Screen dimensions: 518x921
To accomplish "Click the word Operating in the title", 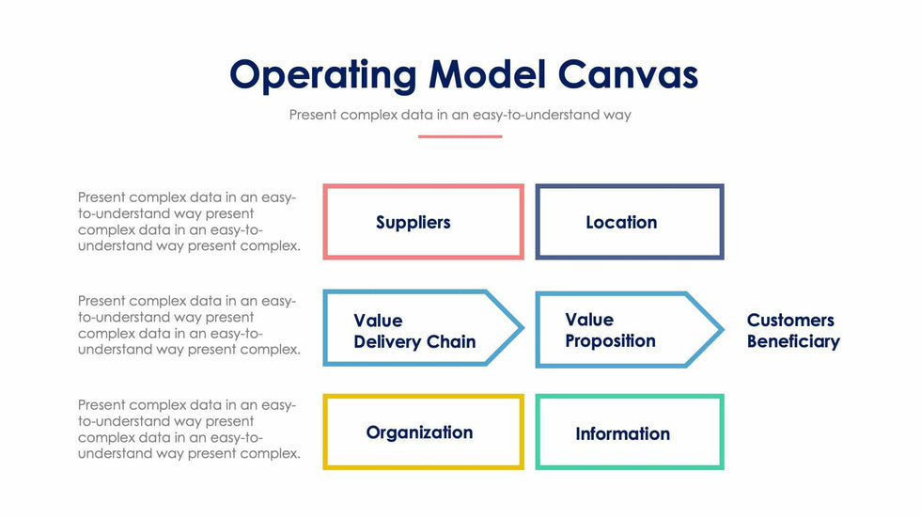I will coord(323,75).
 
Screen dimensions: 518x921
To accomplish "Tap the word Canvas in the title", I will coord(627,75).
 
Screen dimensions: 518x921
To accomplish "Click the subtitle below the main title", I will coord(460,116).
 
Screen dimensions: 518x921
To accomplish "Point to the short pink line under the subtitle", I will coord(460,136).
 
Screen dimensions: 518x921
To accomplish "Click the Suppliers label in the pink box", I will coord(414,223).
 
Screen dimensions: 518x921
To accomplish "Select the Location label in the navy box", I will coord(621,223).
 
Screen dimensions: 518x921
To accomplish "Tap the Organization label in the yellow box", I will coord(419,432).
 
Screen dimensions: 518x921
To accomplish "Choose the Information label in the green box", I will coord(622,433).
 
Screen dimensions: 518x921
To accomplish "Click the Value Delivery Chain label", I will coord(414,331).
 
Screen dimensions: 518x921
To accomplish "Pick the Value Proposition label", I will coord(610,330).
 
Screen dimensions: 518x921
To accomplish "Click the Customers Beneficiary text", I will coord(793,331).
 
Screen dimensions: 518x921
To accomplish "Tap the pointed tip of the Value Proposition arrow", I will coord(721,329).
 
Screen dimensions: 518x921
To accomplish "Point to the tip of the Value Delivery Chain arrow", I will coord(521,329).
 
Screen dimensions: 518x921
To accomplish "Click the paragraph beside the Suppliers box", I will coord(188,222).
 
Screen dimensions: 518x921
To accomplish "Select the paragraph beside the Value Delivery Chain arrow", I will coord(188,325).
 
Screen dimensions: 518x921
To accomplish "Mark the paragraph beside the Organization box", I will coord(188,429).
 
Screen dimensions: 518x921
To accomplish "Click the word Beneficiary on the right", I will coord(793,341).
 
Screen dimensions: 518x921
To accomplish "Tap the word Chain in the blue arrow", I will coord(452,342).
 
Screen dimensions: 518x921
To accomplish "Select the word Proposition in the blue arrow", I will coord(610,341).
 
